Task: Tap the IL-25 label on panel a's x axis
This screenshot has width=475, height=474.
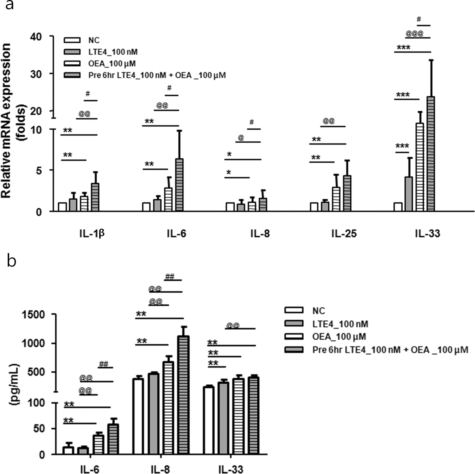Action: point(344,234)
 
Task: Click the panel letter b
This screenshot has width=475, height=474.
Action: point(11,261)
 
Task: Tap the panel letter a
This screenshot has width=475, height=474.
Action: point(9,5)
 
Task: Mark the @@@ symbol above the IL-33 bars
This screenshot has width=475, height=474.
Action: point(414,34)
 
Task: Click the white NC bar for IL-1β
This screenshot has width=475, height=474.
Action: point(62,207)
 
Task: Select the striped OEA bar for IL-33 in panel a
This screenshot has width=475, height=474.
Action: point(420,167)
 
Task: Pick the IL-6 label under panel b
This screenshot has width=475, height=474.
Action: point(90,469)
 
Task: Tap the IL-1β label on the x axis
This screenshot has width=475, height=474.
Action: point(92,234)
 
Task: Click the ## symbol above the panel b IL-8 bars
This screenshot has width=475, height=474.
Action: point(170,277)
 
